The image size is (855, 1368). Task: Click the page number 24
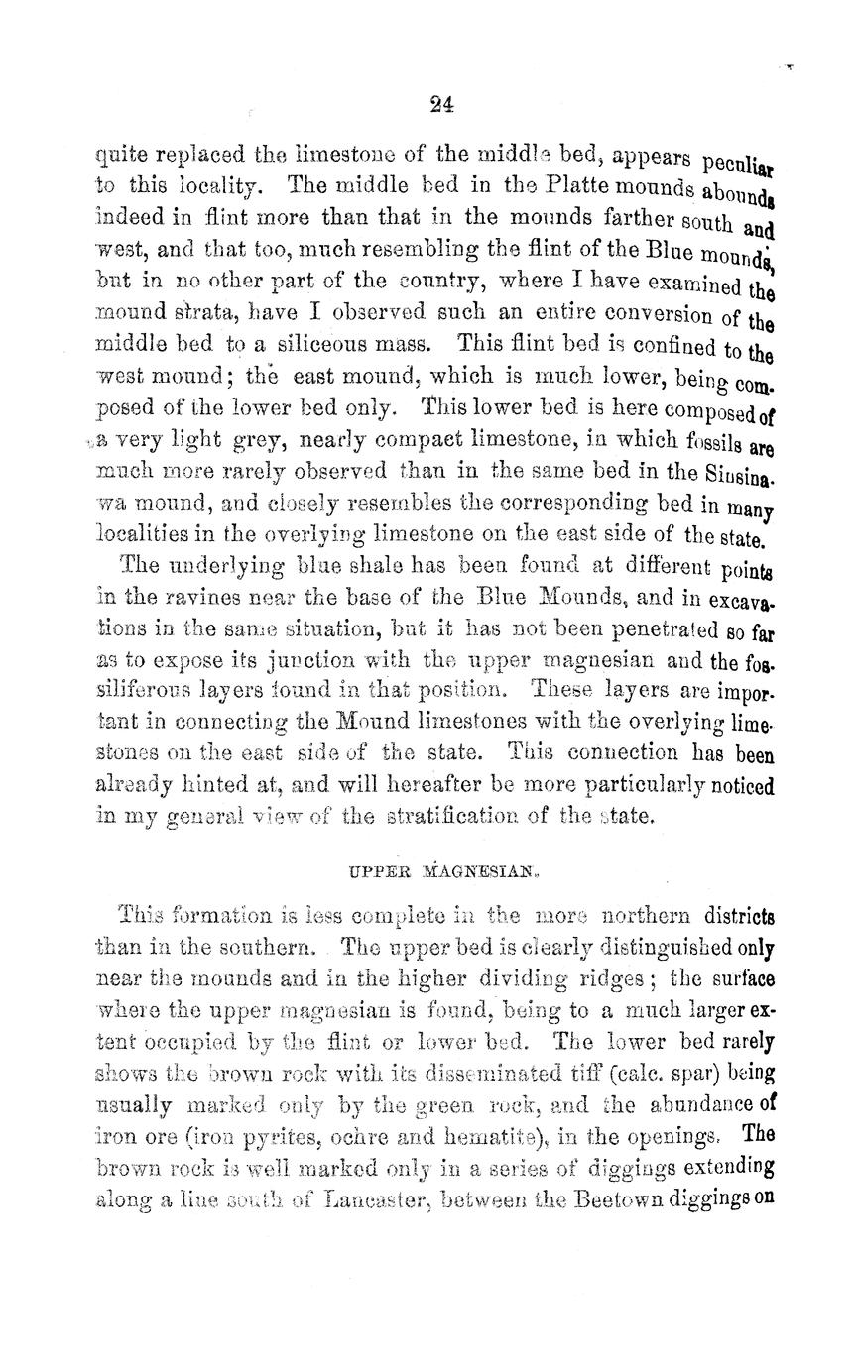tap(442, 103)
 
